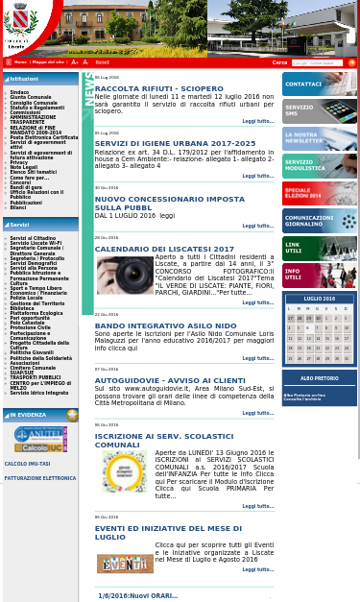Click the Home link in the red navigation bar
[20, 62]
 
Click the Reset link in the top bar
[102, 62]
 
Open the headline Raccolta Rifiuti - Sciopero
[158, 88]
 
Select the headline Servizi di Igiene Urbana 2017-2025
[175, 143]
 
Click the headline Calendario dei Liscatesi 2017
[164, 249]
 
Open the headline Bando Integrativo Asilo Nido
[165, 325]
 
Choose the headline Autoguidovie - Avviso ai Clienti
[170, 380]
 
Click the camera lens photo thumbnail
[125, 276]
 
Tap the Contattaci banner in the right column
[320, 84]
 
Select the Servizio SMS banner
[320, 110]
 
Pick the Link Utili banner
[320, 249]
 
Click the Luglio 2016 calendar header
[320, 299]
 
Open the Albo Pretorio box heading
[320, 378]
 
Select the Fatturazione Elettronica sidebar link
[40, 478]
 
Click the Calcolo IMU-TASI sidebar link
[27, 464]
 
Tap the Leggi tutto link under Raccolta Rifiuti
[257, 121]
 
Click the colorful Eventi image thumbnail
[125, 564]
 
